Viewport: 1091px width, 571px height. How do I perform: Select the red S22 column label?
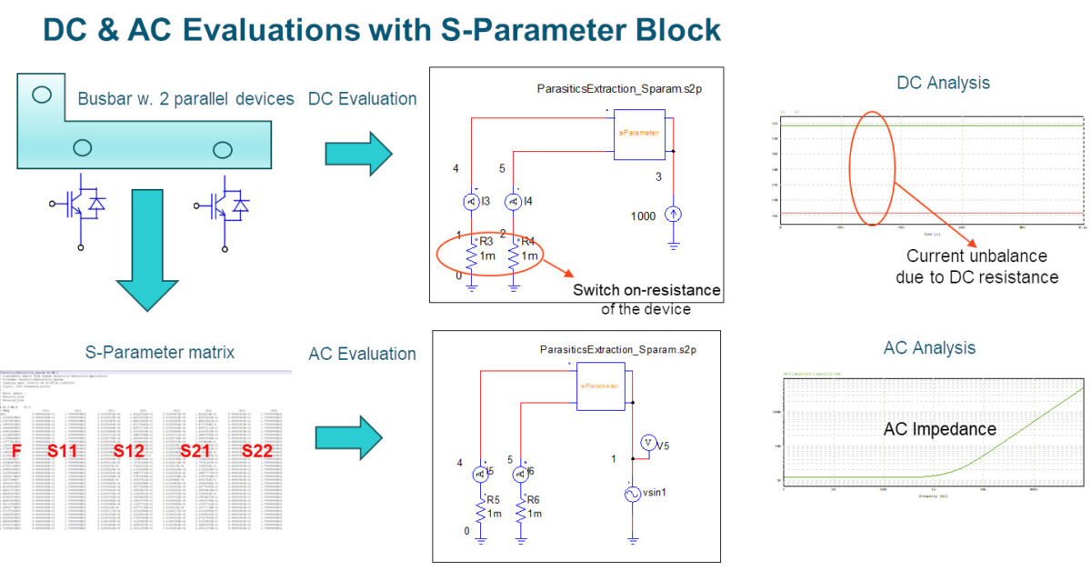coord(258,450)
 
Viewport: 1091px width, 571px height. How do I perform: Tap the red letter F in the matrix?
coord(15,450)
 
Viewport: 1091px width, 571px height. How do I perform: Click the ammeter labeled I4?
coord(514,201)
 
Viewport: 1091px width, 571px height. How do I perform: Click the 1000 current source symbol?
coord(673,215)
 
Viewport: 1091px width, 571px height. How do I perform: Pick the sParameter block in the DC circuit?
coord(639,135)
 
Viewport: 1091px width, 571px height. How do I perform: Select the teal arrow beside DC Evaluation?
coord(358,149)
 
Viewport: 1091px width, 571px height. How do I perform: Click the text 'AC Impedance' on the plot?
coord(940,429)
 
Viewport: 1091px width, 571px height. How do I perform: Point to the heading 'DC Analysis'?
coord(943,83)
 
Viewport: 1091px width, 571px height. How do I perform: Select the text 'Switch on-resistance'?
coord(646,291)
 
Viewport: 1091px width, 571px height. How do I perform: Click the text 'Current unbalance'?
coord(976,256)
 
